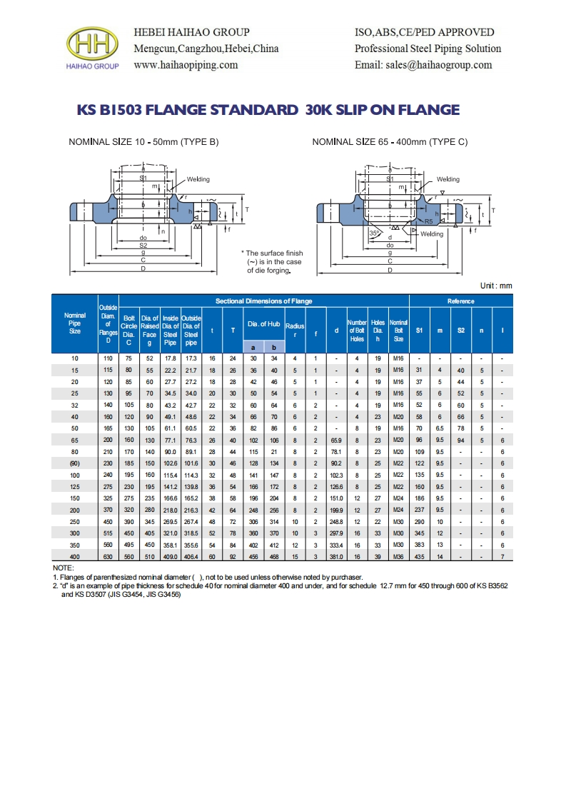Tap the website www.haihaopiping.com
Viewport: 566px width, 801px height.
pyautogui.click(x=186, y=65)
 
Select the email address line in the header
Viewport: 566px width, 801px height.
pyautogui.click(x=423, y=65)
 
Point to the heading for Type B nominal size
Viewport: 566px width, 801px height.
pyautogui.click(x=143, y=142)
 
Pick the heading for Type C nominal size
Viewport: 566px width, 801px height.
pyautogui.click(x=390, y=142)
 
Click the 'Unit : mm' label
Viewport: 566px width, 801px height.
pyautogui.click(x=496, y=286)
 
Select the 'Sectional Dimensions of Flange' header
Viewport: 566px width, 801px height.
pyautogui.click(x=263, y=301)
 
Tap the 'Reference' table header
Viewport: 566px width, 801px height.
pyautogui.click(x=460, y=301)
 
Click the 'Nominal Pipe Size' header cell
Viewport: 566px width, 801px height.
pyautogui.click(x=75, y=323)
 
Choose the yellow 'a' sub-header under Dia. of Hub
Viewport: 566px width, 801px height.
pyautogui.click(x=253, y=346)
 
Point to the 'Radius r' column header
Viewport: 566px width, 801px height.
pyautogui.click(x=295, y=329)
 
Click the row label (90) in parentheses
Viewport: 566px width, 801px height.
pyautogui.click(x=75, y=463)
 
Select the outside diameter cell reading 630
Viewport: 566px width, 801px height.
pyautogui.click(x=108, y=556)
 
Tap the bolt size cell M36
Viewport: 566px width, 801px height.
pyautogui.click(x=398, y=556)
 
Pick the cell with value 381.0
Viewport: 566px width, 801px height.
pyautogui.click(x=336, y=556)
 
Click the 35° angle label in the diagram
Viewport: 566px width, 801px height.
pyautogui.click(x=374, y=233)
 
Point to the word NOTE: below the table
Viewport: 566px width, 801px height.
pyautogui.click(x=64, y=567)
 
